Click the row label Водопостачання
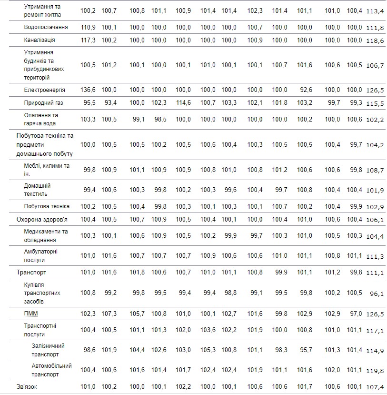pyautogui.click(x=46, y=27)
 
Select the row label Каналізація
pyautogui.click(x=40, y=40)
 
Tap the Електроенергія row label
pyautogui.click(x=45, y=90)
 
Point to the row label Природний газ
pyautogui.click(x=44, y=102)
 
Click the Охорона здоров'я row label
pyautogui.click(x=42, y=219)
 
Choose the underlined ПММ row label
pyautogui.click(x=31, y=314)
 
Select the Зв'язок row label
pyautogui.click(x=27, y=386)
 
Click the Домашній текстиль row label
pyautogui.click(x=37, y=190)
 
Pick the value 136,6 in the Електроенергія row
pyautogui.click(x=88, y=90)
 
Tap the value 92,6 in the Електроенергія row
pyautogui.click(x=304, y=90)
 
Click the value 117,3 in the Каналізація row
pyautogui.click(x=88, y=40)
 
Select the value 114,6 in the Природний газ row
pyautogui.click(x=183, y=102)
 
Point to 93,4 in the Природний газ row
pyautogui.click(x=109, y=102)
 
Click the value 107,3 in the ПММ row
pyautogui.click(x=109, y=314)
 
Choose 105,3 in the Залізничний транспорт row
pyautogui.click(x=208, y=350)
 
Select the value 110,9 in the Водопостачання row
pyautogui.click(x=88, y=27)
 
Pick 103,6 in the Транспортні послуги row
pyautogui.click(x=208, y=330)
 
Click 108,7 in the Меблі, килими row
pyautogui.click(x=376, y=170)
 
